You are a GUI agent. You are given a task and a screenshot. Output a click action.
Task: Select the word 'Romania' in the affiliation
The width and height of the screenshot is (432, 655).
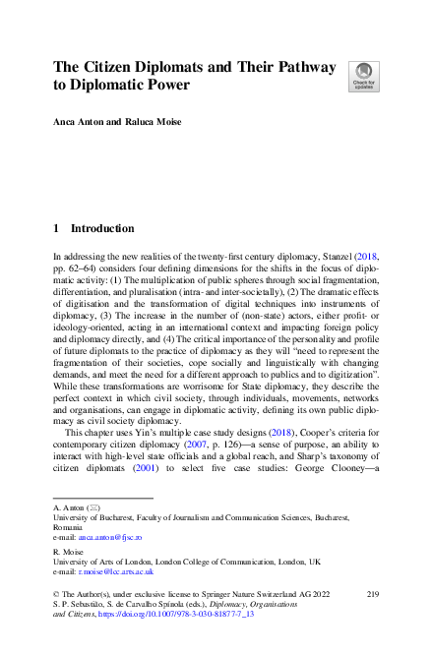[x=71, y=528]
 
